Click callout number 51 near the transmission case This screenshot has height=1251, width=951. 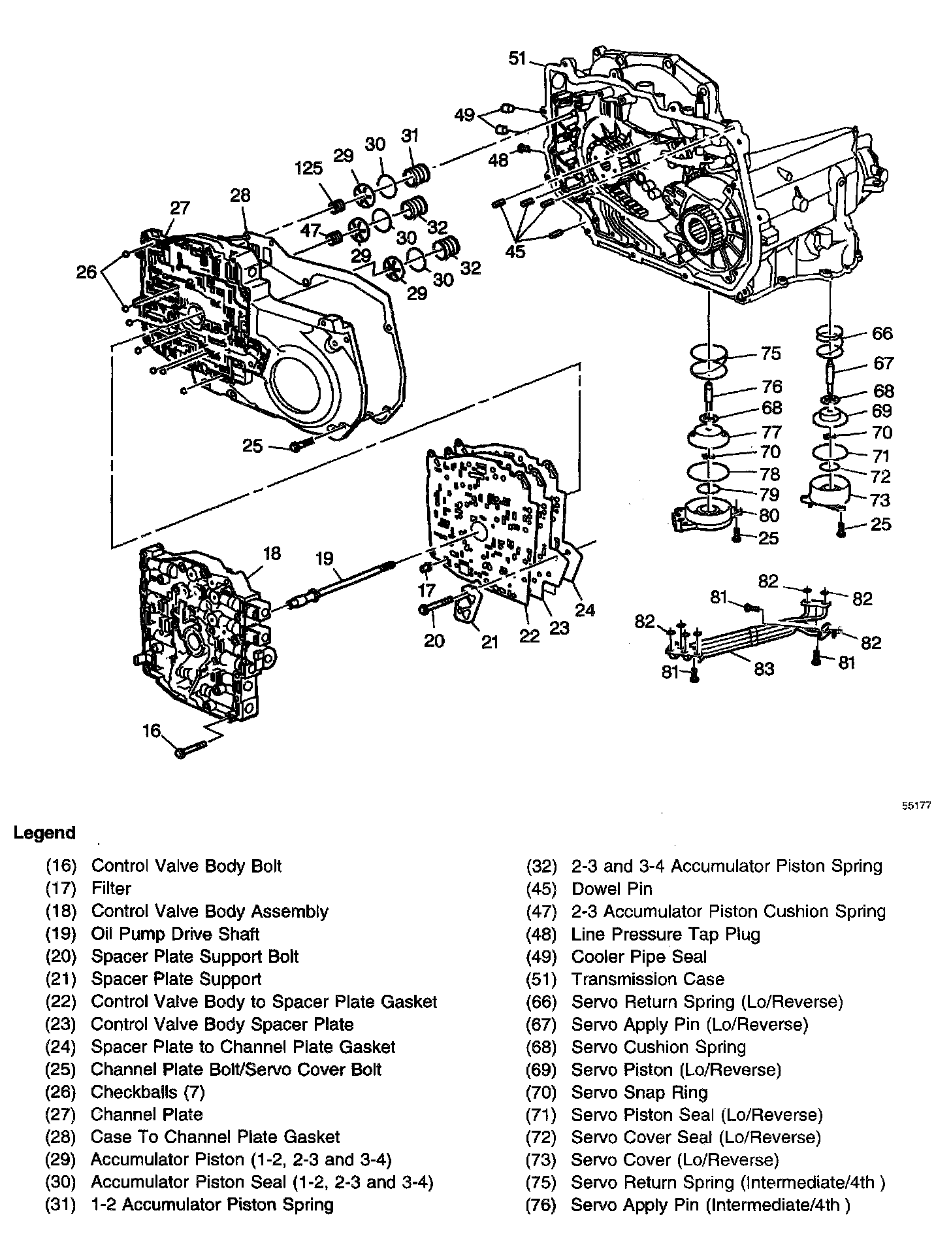pos(517,59)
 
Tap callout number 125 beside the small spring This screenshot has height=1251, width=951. pos(308,169)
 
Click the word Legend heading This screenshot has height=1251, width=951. pos(44,833)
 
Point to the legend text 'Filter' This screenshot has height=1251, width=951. pos(111,888)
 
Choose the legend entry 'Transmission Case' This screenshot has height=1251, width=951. pos(648,979)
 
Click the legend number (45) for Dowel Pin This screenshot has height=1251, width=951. pos(541,888)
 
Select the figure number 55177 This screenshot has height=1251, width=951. pos(916,806)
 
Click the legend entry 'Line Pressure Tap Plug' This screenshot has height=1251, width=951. pos(666,934)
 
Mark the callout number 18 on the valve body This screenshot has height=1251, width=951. pos(272,553)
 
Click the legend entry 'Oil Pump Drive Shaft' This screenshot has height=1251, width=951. pos(175,934)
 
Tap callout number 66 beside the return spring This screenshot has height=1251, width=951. pos(882,333)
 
